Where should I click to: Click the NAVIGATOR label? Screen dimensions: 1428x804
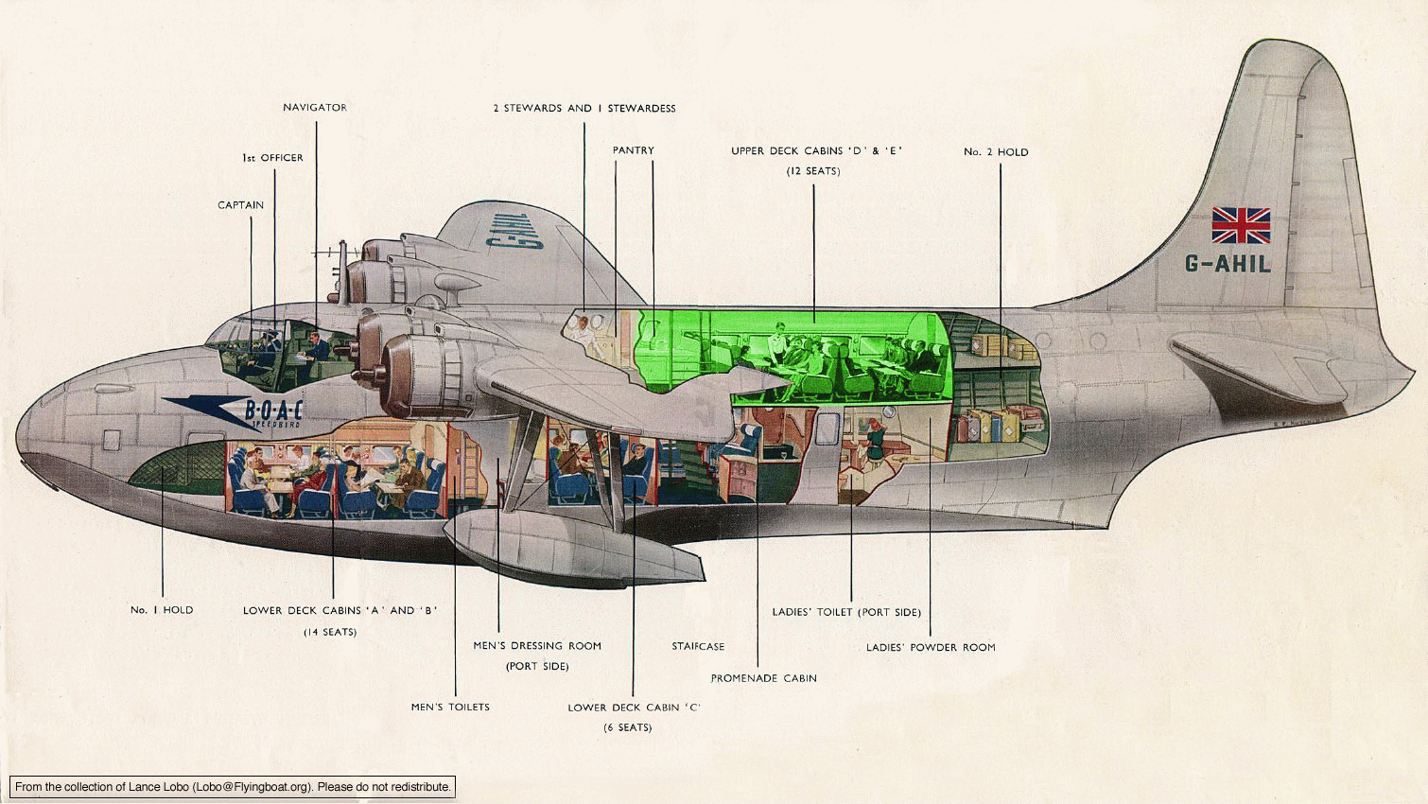tap(315, 108)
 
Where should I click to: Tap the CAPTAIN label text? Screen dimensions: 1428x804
tap(240, 205)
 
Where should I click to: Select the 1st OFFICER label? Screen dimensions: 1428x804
tap(272, 157)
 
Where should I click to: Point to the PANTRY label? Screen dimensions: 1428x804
tap(633, 150)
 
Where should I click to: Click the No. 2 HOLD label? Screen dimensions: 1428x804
tap(996, 151)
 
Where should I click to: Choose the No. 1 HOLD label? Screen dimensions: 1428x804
tap(162, 610)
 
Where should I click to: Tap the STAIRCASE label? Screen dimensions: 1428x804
tap(698, 647)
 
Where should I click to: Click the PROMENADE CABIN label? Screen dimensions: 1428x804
tap(764, 678)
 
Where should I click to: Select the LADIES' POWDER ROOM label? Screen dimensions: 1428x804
tap(931, 648)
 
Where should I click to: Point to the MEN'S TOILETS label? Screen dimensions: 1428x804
tap(450, 708)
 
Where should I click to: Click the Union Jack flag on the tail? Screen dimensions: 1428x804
tap(1241, 225)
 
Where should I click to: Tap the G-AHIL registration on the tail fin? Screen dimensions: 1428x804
tap(1228, 264)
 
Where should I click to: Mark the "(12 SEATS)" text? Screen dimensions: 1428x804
tap(812, 171)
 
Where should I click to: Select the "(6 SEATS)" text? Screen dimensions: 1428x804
tap(628, 727)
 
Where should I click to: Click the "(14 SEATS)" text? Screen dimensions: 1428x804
tap(330, 633)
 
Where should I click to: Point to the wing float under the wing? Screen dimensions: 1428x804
tap(574, 549)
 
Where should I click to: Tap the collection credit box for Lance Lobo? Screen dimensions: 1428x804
tap(233, 787)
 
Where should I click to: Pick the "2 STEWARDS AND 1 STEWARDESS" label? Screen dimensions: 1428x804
tap(583, 109)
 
